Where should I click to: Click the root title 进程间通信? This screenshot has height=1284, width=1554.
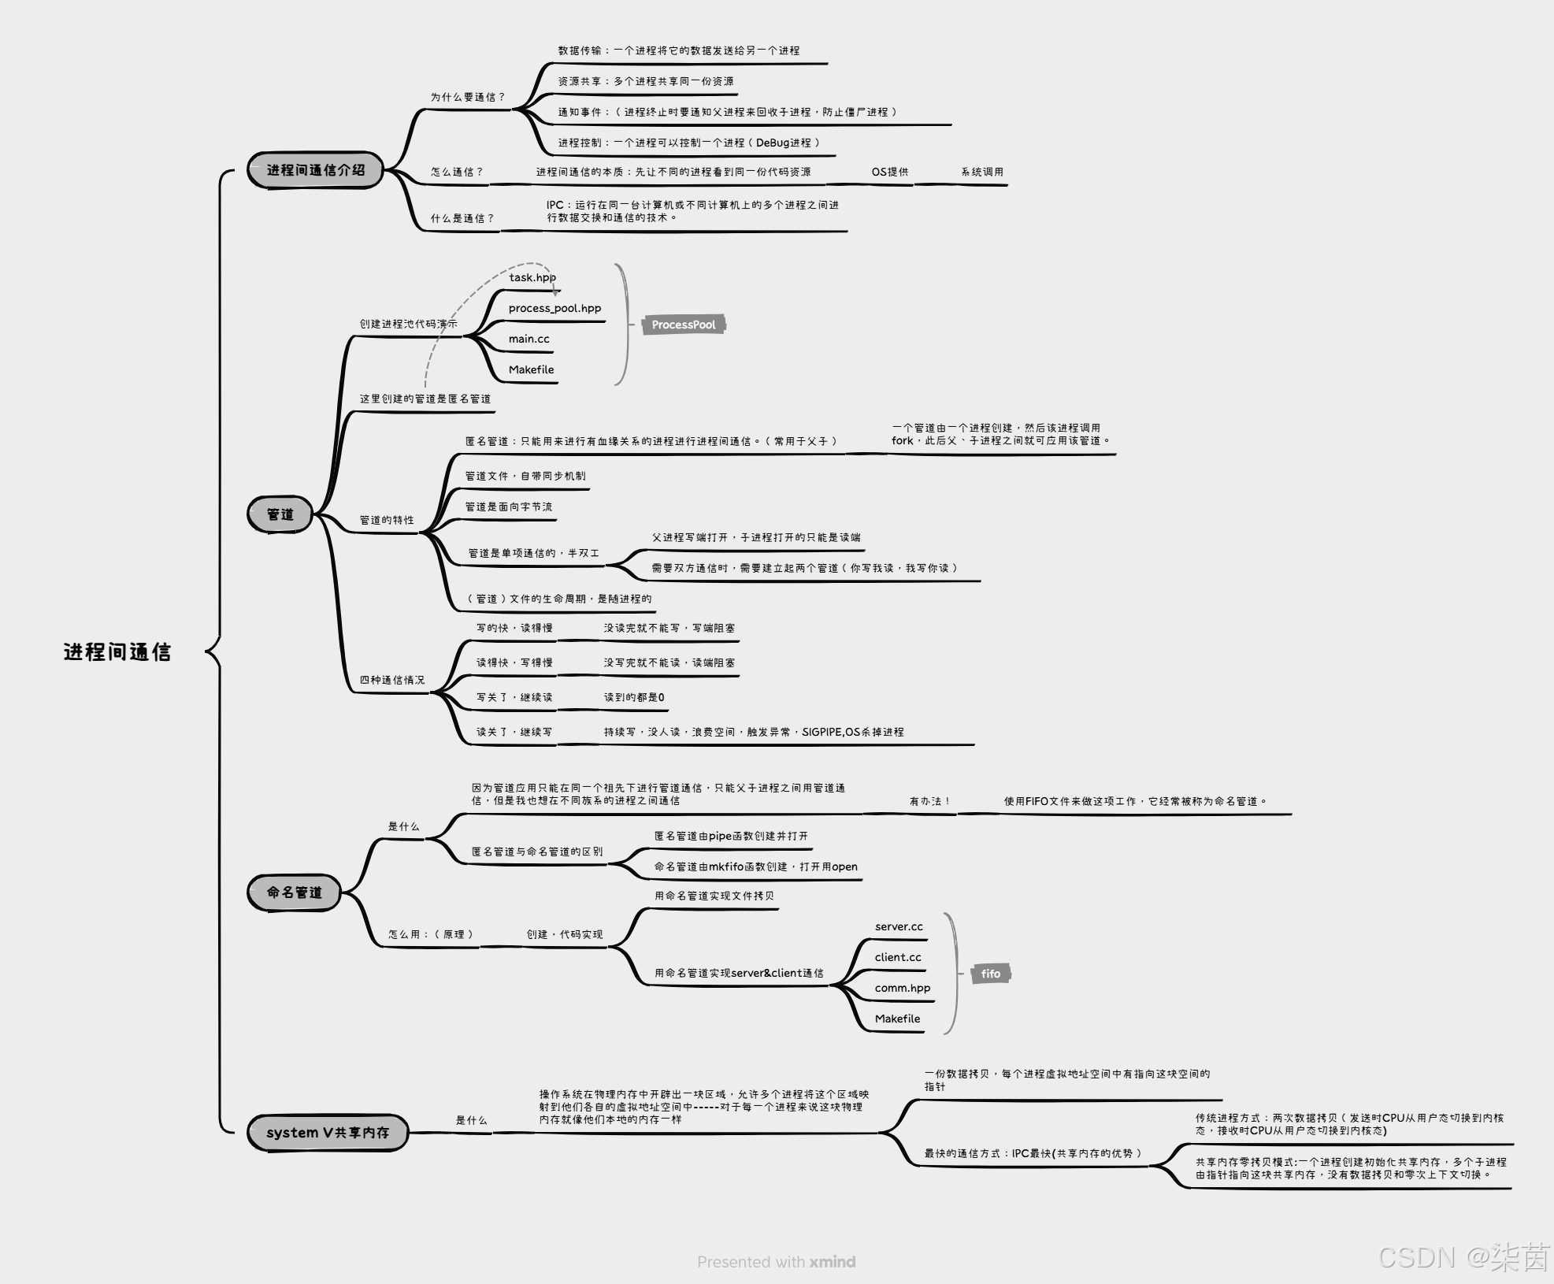coord(117,651)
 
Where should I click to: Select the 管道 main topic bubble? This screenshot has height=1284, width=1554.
coord(280,514)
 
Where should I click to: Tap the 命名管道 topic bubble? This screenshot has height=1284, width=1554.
coord(294,892)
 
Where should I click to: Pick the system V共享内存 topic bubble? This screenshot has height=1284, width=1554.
coord(328,1132)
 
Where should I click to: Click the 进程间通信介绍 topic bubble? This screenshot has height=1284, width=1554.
coord(315,170)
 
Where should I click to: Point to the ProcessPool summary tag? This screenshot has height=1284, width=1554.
coord(683,325)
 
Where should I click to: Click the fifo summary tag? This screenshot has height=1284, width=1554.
coord(990,974)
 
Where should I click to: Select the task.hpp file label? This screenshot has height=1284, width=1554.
coord(532,277)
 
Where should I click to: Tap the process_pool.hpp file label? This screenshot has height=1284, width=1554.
coord(554,308)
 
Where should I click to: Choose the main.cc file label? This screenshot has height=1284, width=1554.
coord(529,339)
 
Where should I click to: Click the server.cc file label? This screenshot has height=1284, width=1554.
coord(899,926)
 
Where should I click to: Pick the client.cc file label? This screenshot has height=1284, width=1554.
coord(898,957)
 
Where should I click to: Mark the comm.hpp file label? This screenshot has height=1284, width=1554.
coord(902,988)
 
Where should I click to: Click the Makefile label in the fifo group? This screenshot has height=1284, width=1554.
coord(897,1019)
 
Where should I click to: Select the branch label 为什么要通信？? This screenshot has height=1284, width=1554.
coord(467,97)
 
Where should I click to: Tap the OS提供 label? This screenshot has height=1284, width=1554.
coord(889,172)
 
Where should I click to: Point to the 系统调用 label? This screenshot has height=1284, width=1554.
coord(981,172)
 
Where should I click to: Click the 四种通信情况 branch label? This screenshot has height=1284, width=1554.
coord(391,680)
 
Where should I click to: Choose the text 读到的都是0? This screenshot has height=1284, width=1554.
coord(634,697)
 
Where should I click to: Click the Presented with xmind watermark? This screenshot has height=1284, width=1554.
coord(776,1261)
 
